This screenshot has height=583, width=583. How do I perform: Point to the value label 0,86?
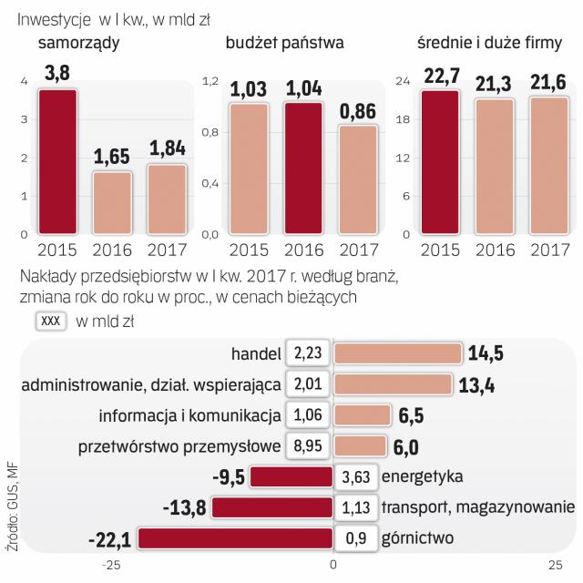point(358,111)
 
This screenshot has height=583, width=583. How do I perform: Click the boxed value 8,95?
point(308,447)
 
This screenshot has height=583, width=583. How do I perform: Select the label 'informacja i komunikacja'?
point(188,416)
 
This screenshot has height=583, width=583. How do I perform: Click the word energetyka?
point(424,477)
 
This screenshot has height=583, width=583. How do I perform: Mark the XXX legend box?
point(50,321)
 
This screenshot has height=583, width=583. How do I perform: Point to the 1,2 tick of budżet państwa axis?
point(209,83)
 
